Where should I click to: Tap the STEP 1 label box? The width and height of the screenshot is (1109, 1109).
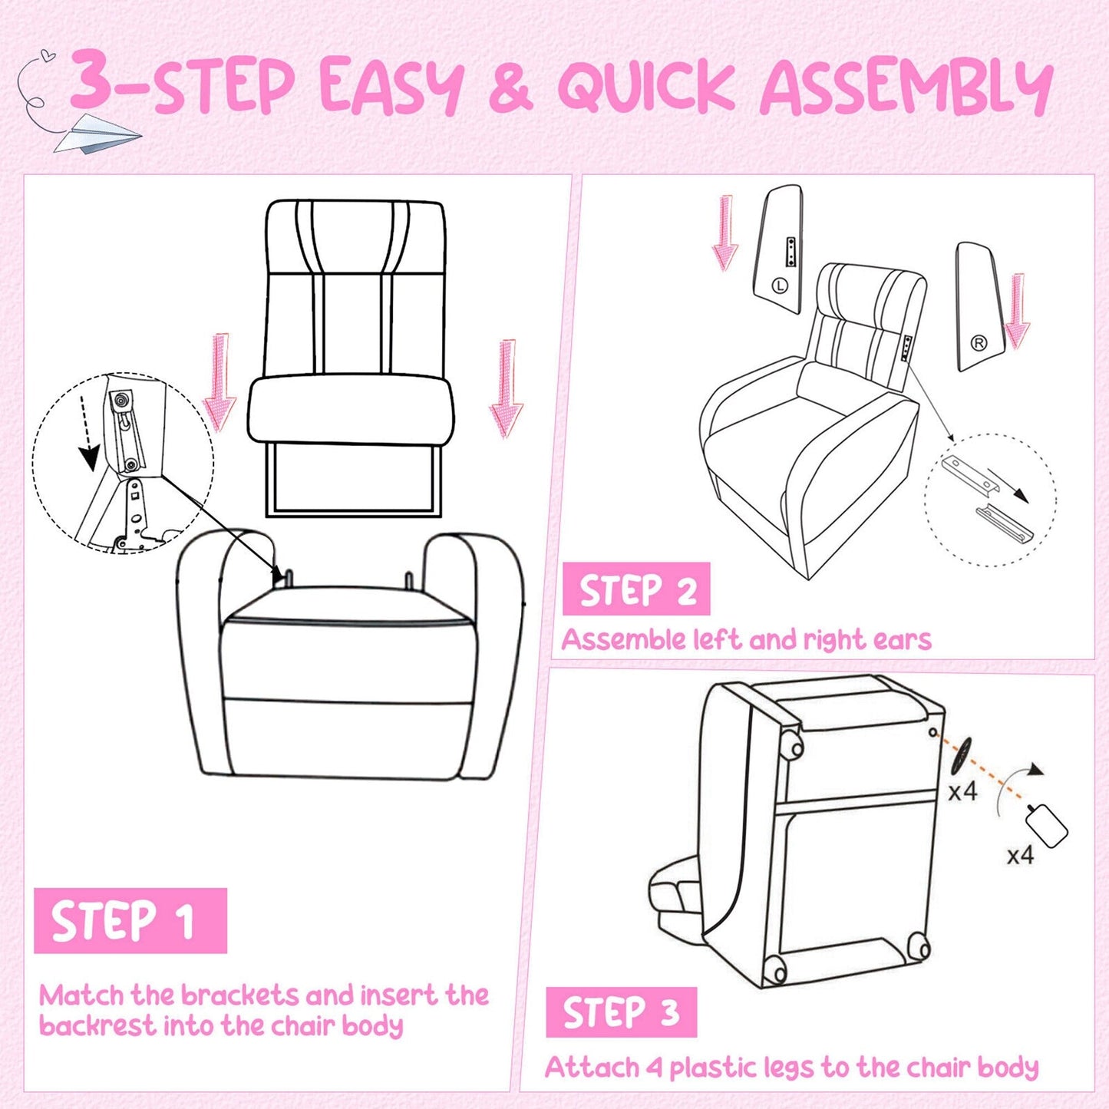[x=130, y=920]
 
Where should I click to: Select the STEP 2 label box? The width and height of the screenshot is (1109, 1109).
[x=636, y=589]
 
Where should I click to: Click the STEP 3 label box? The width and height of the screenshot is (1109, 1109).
[x=621, y=1012]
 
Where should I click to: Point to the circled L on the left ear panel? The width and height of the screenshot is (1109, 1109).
[x=780, y=286]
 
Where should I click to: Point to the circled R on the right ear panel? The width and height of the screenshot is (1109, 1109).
[x=979, y=343]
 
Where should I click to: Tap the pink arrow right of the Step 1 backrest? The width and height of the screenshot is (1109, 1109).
[x=506, y=388]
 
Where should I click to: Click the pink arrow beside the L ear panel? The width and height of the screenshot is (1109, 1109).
[x=724, y=233]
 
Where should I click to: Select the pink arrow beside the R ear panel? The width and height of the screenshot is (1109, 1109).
[x=1017, y=310]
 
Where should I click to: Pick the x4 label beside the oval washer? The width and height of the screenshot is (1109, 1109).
[x=962, y=791]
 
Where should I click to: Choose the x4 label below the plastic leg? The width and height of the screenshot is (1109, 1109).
[x=1020, y=855]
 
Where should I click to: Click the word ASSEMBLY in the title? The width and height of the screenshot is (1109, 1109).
[x=906, y=86]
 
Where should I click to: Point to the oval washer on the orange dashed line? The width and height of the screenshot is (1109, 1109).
[x=961, y=755]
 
